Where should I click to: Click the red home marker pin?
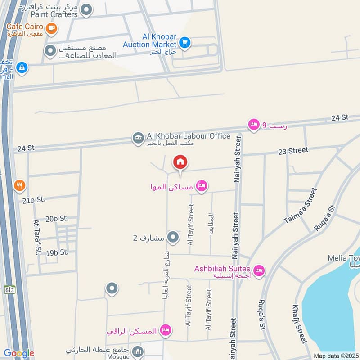pos(180,162)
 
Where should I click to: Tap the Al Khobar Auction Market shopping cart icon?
pos(184,43)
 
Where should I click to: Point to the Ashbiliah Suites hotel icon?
pos(259,270)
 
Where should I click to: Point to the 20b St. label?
pos(57,218)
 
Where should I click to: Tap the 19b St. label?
pos(57,252)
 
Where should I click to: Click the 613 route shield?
pos(9,289)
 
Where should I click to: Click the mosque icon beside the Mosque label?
pos(138,351)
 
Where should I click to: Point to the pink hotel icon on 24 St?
pos(254,125)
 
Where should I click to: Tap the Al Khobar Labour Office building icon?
pos(138,138)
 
